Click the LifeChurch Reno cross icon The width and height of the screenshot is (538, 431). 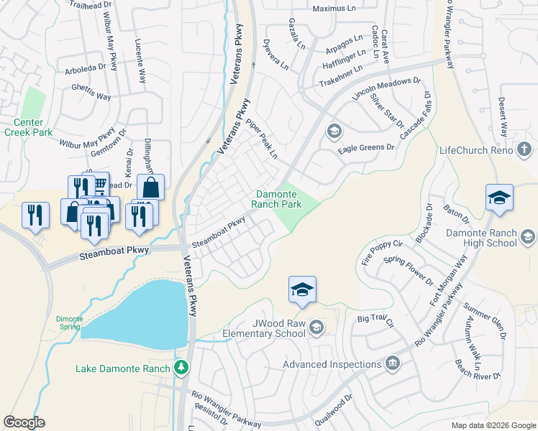click(524, 150)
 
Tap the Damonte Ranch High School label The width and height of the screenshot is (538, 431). click(492, 238)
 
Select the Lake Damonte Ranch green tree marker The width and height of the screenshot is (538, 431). click(182, 369)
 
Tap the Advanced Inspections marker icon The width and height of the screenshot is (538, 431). click(391, 363)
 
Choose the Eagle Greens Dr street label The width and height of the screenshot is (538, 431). click(367, 147)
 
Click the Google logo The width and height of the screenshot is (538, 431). click(24, 422)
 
